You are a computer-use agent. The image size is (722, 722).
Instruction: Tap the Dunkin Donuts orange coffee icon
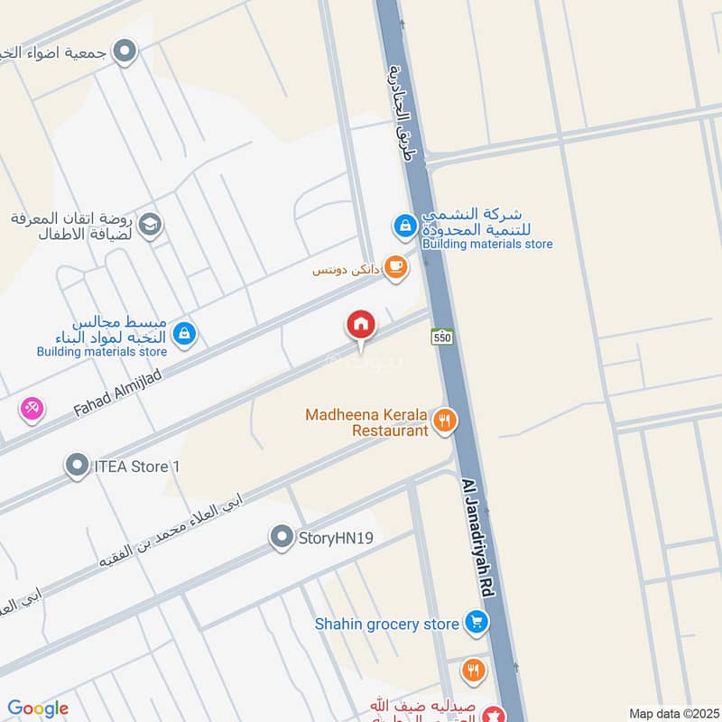click(394, 266)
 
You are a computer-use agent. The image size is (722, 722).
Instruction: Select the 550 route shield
click(440, 336)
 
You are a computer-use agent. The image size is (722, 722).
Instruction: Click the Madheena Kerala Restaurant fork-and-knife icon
click(444, 420)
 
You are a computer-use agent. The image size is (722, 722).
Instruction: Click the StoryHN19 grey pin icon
click(282, 539)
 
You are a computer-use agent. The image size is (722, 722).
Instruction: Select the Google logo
click(38, 708)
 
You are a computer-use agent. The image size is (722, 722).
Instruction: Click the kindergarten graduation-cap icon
click(151, 224)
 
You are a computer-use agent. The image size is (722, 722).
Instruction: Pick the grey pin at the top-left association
click(125, 51)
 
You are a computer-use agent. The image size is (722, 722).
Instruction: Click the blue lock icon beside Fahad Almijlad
click(184, 334)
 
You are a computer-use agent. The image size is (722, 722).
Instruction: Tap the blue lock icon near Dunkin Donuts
click(405, 225)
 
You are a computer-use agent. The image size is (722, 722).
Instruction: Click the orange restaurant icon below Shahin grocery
click(474, 671)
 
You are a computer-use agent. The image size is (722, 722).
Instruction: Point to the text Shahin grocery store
click(387, 623)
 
